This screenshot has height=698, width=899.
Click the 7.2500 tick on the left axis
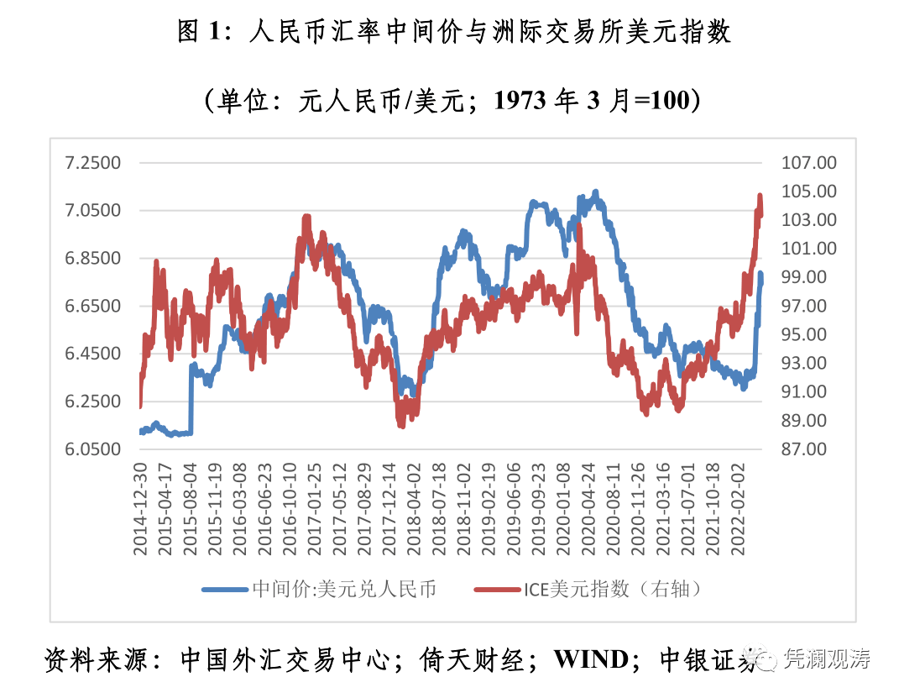[94, 162]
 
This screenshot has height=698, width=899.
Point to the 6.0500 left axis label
[94, 449]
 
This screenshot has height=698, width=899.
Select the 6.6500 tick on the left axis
[94, 306]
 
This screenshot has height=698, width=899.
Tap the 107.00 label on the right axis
[808, 162]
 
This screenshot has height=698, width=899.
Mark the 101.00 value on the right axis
[808, 249]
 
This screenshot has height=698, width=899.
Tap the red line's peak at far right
[760, 197]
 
